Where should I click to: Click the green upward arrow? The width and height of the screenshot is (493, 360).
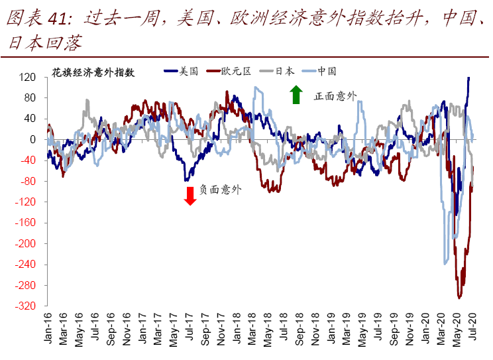click(296, 95)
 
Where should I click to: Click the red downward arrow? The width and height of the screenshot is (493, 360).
click(190, 196)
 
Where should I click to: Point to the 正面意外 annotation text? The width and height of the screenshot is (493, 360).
click(335, 96)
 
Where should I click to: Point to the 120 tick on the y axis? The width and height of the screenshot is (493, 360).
click(27, 78)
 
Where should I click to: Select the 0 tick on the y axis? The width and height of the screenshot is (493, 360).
click(31, 140)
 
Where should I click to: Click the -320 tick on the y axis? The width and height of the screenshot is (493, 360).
click(25, 306)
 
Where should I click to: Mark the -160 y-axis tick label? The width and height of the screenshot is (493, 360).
click(25, 223)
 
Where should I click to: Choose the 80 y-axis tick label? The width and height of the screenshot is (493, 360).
click(29, 98)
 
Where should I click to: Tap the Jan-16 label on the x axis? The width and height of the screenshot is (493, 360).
click(48, 328)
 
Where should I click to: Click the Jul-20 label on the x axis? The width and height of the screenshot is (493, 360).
click(473, 328)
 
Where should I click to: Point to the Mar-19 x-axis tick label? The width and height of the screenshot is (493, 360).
click(347, 328)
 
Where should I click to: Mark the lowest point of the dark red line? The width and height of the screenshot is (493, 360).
click(459, 298)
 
